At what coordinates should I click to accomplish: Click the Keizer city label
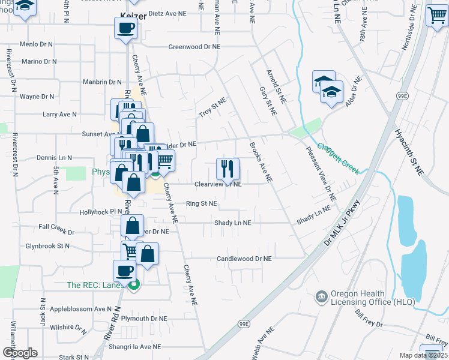coord(132,17)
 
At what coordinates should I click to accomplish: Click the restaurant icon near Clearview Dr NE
coord(228,169)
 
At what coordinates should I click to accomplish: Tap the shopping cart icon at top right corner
coord(436,16)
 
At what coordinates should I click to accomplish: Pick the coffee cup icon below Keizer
coord(126,28)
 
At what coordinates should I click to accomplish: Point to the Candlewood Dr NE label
coord(244,259)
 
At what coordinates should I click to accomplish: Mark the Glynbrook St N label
coord(47,246)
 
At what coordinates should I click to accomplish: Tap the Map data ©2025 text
coord(424,355)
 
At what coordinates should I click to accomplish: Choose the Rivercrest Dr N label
coord(9,69)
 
